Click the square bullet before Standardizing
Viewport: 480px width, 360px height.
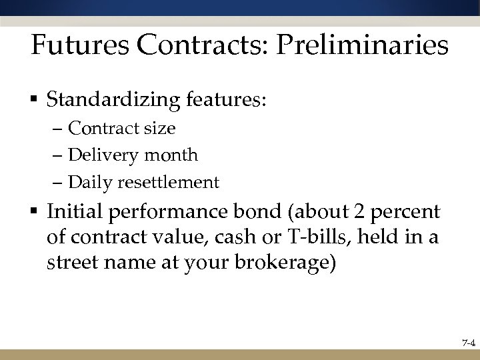[34, 101]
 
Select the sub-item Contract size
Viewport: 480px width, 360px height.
[122, 128]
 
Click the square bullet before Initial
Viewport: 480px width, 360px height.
[34, 213]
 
